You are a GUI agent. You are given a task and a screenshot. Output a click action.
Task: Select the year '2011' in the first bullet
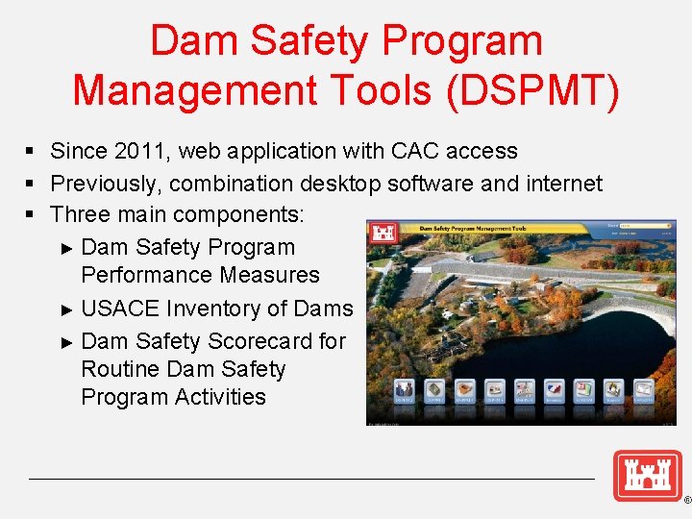(x=138, y=151)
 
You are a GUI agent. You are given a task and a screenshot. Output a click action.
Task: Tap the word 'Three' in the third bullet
(x=81, y=213)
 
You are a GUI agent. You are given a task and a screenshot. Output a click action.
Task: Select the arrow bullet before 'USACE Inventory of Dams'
(x=66, y=309)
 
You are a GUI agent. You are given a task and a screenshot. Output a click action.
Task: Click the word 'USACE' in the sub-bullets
(x=120, y=309)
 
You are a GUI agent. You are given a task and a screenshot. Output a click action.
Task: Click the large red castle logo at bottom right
(x=647, y=474)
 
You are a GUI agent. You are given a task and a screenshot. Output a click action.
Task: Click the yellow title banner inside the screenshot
(x=473, y=231)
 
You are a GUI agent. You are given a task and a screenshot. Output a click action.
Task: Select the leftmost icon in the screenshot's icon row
(x=404, y=390)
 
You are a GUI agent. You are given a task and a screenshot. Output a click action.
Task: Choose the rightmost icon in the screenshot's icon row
(x=643, y=390)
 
